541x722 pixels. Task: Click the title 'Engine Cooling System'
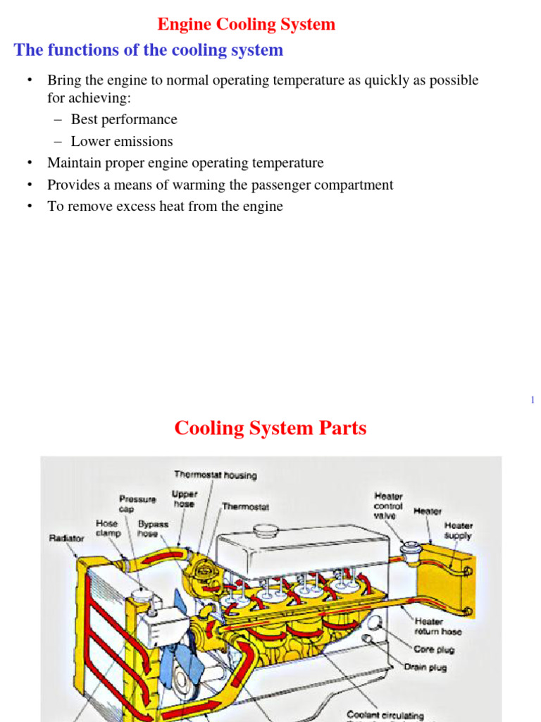tap(246, 25)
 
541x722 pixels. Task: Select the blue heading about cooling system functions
tap(149, 50)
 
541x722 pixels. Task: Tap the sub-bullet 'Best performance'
tap(124, 119)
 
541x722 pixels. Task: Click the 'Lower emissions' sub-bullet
tap(122, 141)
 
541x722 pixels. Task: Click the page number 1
tap(533, 400)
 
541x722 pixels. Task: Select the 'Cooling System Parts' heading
tap(270, 428)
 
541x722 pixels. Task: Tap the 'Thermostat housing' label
tap(215, 475)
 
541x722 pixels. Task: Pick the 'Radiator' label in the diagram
tap(66, 538)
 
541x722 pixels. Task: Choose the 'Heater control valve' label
tap(388, 506)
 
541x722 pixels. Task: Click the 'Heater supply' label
tap(458, 530)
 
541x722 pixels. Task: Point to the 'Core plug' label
tap(434, 649)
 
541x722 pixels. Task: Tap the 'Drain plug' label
tap(425, 666)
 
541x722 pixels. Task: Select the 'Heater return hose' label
tap(438, 626)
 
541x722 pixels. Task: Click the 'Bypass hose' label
tap(153, 529)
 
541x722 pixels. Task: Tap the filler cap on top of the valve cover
tap(267, 530)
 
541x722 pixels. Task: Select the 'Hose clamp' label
tap(108, 529)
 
